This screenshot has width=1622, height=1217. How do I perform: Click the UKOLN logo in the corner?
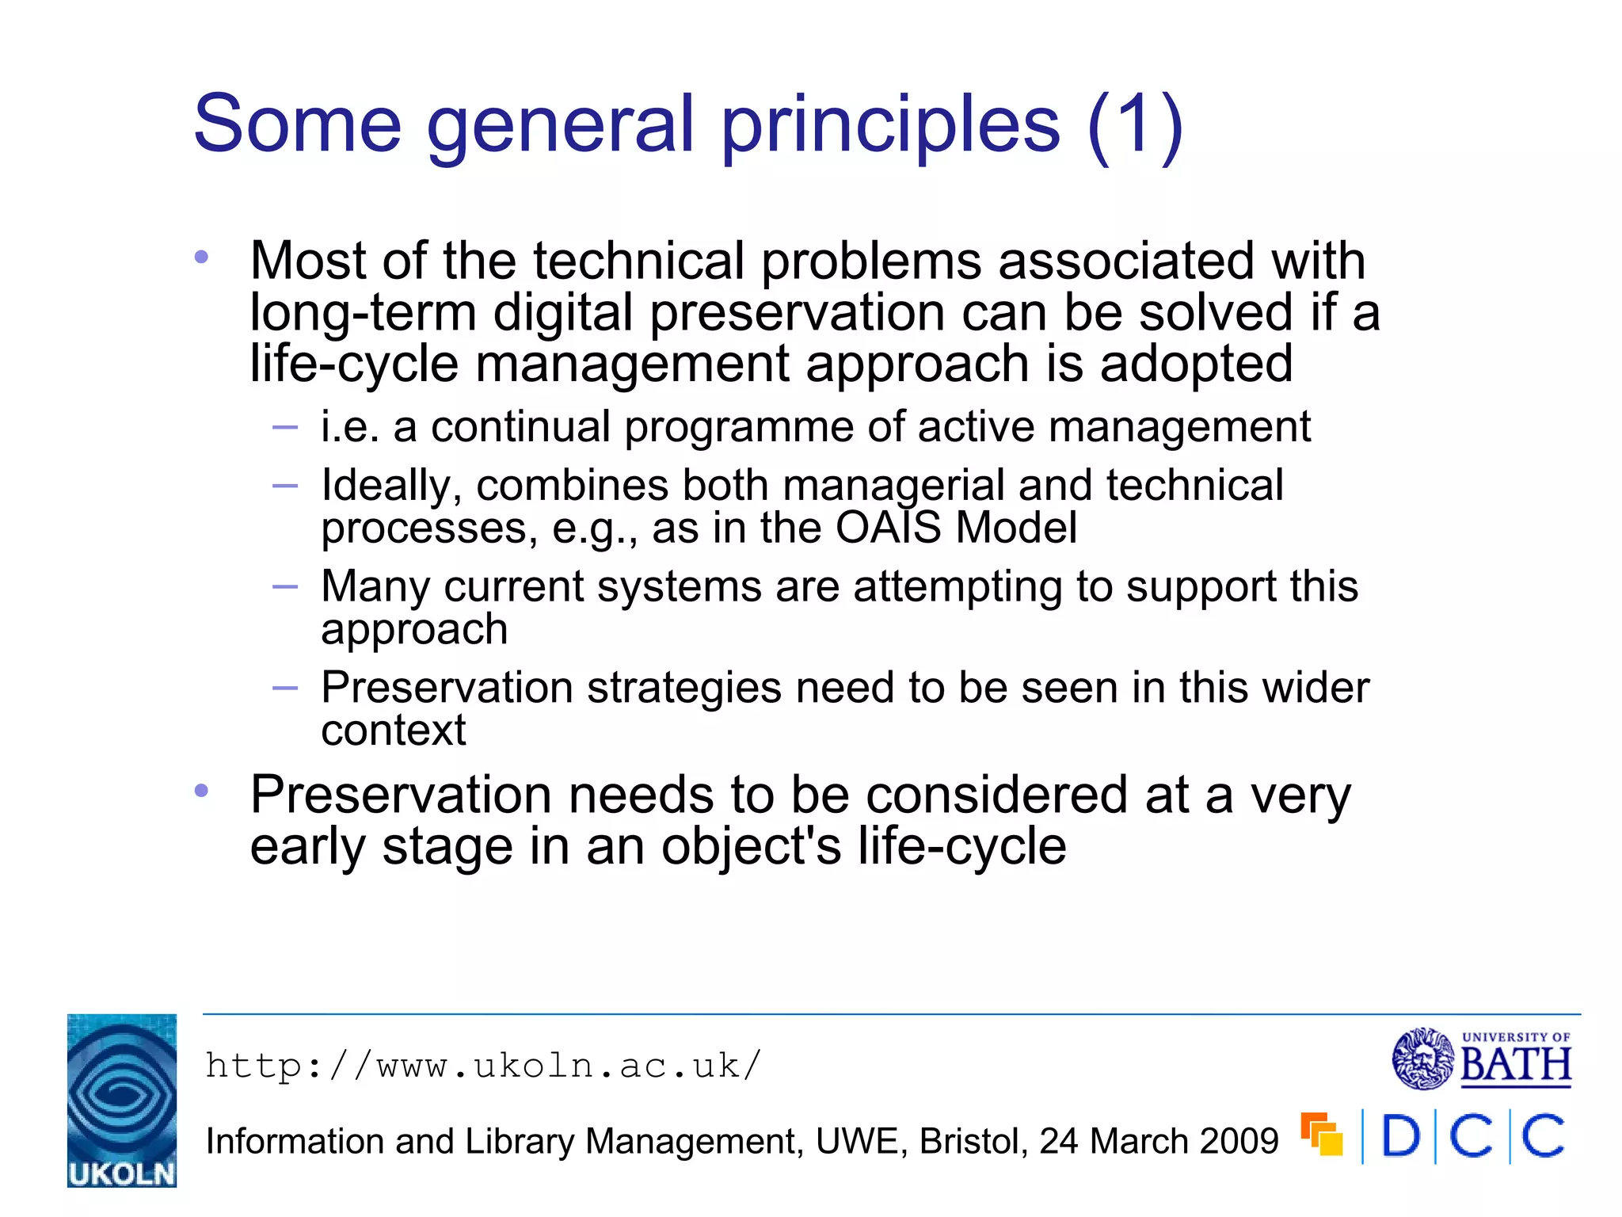coord(121,1100)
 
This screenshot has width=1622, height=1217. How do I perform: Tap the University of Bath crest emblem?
coord(1422,1059)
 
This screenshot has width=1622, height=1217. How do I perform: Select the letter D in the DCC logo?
coord(1400,1136)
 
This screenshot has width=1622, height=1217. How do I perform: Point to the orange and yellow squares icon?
coord(1322,1135)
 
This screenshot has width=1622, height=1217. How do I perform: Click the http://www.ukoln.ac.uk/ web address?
coord(483,1066)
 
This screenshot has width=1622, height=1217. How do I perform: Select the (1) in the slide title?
coord(1135,125)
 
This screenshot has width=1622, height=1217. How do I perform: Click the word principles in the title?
coord(890,125)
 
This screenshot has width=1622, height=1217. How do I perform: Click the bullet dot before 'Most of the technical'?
coord(201,257)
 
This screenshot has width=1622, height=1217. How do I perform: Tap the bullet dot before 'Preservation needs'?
coord(201,791)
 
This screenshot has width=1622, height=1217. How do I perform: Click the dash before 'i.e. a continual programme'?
coord(284,428)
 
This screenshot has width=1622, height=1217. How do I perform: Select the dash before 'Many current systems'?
coord(284,587)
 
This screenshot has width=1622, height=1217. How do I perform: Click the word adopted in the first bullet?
coord(1196,364)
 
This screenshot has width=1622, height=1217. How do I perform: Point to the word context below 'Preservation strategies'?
coord(393,731)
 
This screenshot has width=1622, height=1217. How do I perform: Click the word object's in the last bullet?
coord(751,846)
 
